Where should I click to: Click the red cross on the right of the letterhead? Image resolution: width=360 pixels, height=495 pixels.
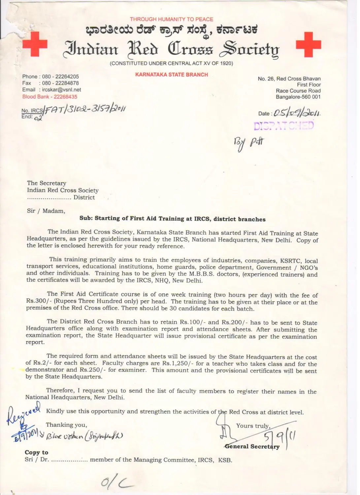(309, 44)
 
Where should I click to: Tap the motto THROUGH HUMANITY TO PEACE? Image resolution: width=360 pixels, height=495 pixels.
(171, 19)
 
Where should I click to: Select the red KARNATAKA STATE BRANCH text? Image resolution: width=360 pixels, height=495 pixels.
(172, 75)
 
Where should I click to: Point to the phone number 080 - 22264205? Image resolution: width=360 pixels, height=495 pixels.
(60, 77)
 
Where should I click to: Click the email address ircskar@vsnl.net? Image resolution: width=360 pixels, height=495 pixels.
(61, 90)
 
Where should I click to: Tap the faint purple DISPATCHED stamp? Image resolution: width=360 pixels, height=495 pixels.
(283, 125)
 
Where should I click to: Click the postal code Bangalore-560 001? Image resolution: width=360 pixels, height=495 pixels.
(298, 97)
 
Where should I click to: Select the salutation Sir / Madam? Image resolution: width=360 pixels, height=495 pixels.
(46, 211)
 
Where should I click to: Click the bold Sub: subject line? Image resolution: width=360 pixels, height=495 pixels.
(172, 219)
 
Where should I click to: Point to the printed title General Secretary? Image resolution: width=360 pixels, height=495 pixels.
(252, 446)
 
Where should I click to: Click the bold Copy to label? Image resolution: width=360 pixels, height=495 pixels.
(36, 452)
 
